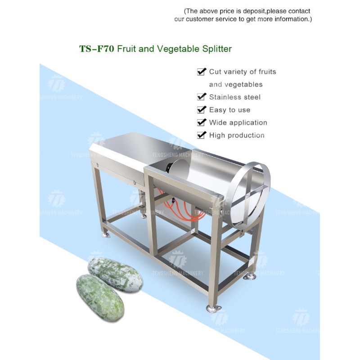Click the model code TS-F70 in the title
pos(97,49)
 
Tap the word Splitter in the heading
pos(217,49)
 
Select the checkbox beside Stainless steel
pos(201,97)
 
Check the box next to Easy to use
pos(201,109)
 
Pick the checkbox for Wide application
pos(201,122)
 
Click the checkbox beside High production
pos(201,135)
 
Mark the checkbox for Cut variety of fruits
pos(201,72)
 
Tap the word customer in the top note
pos(199,19)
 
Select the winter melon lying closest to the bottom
pos(100,297)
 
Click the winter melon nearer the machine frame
pos(115,274)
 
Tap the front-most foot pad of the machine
pos(214,308)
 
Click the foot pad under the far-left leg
pos(106,234)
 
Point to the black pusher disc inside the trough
pos(169,167)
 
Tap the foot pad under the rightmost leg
pos(249,277)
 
